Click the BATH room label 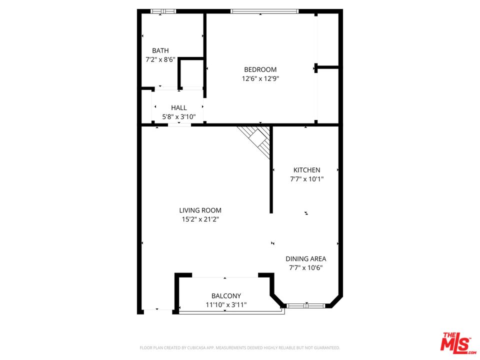(160, 50)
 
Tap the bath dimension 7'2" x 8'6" (160, 59)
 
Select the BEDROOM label (260, 69)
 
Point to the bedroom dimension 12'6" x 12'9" (260, 78)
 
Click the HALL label (179, 108)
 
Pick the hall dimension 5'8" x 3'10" (179, 116)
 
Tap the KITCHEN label (306, 170)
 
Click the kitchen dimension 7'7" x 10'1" (306, 179)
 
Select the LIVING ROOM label (200, 210)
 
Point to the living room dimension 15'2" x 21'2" (200, 219)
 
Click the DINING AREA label (306, 258)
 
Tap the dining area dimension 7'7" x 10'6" (306, 267)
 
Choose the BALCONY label (226, 295)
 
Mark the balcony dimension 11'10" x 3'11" (226, 304)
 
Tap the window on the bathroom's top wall (163, 11)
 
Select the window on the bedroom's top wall (264, 11)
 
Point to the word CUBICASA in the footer (198, 348)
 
